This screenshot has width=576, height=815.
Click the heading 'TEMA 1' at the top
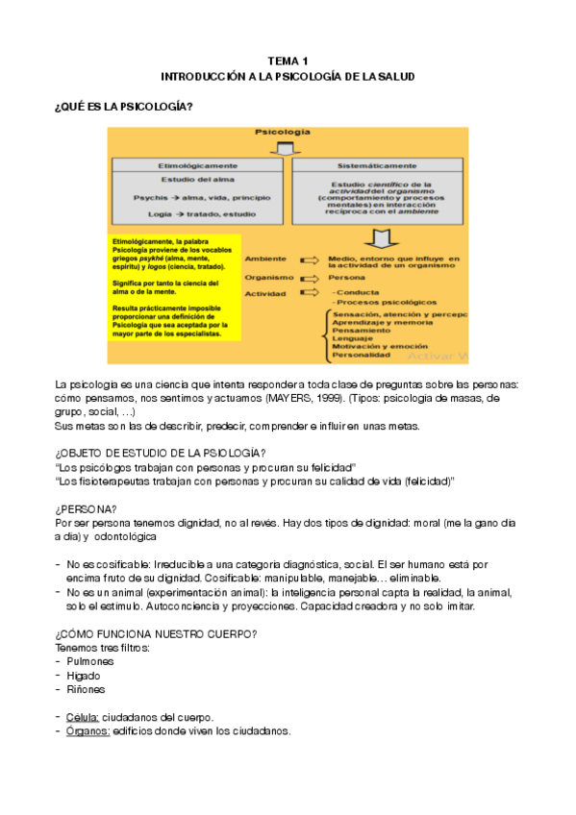pos(288,60)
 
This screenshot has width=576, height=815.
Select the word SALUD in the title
pos(396,76)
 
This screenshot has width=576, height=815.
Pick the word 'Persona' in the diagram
pos(346,276)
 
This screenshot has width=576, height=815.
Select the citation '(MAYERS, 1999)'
pos(356,398)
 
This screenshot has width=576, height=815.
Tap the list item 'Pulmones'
pos(90,661)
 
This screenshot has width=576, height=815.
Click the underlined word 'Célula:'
pos(84,717)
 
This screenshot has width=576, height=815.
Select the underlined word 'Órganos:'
pos(88,730)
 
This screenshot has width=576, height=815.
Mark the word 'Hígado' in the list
pos(86,676)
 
